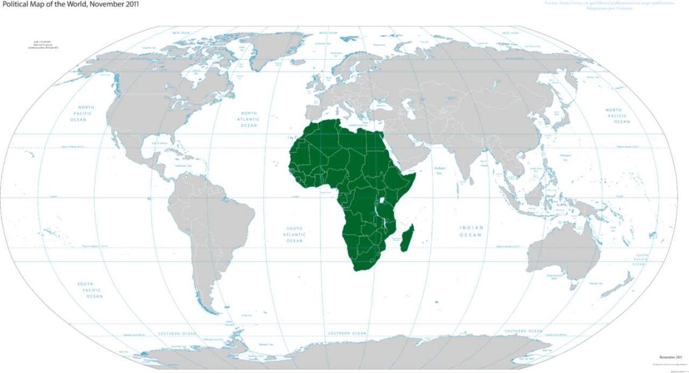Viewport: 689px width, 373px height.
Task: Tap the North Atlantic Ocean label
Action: coord(249,119)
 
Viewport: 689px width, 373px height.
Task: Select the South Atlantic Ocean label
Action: coord(294,234)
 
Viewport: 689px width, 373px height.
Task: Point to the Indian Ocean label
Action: coord(471,231)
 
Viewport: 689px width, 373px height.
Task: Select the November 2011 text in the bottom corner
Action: coord(670,357)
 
